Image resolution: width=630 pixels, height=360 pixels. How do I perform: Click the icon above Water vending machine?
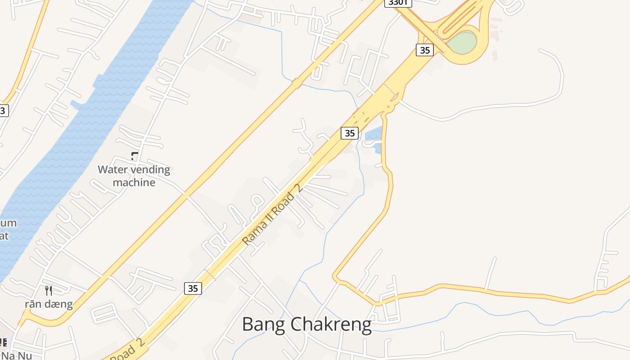pos(134,156)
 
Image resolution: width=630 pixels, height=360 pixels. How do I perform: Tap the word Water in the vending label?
pos(112,170)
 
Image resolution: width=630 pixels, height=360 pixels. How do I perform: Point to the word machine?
pos(134,182)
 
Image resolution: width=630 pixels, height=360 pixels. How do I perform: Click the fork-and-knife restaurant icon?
pos(49,291)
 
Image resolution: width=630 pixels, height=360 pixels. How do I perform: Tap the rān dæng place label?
pos(49,304)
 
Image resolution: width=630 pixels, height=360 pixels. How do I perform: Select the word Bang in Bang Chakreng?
pos(263,324)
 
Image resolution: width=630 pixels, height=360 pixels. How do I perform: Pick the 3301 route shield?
pos(398,3)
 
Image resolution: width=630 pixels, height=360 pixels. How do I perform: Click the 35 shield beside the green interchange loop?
pos(425,50)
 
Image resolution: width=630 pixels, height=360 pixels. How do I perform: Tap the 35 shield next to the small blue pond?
pos(349,133)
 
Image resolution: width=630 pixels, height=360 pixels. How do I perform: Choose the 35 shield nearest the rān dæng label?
pos(193,288)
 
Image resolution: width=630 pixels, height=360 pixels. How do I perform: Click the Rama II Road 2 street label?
pos(271,215)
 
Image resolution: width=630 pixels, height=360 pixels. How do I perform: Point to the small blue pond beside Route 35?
pos(373,134)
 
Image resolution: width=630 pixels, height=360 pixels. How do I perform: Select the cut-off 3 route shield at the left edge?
pos(3,111)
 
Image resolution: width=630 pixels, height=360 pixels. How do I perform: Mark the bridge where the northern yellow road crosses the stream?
pos(297,83)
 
